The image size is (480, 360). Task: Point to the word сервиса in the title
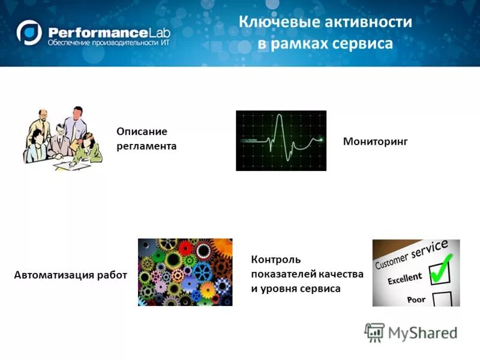tap(361, 44)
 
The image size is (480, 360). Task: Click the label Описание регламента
tap(146, 139)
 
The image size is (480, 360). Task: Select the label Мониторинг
tap(375, 142)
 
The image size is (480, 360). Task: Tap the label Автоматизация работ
tap(70, 275)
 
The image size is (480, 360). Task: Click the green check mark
tap(442, 268)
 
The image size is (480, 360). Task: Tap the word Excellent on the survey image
tap(404, 278)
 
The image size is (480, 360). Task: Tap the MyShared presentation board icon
tap(374, 332)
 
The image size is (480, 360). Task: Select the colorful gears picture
tap(185, 272)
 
